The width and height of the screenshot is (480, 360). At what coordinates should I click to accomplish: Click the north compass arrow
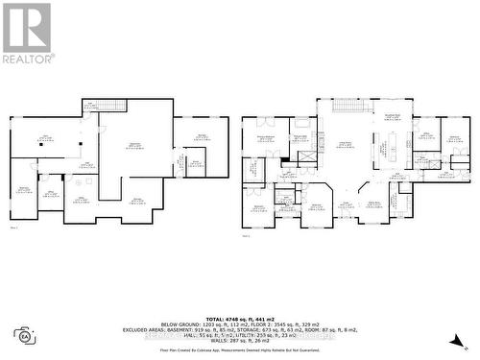[461, 338]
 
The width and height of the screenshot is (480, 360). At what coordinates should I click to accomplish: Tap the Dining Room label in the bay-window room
[371, 204]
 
